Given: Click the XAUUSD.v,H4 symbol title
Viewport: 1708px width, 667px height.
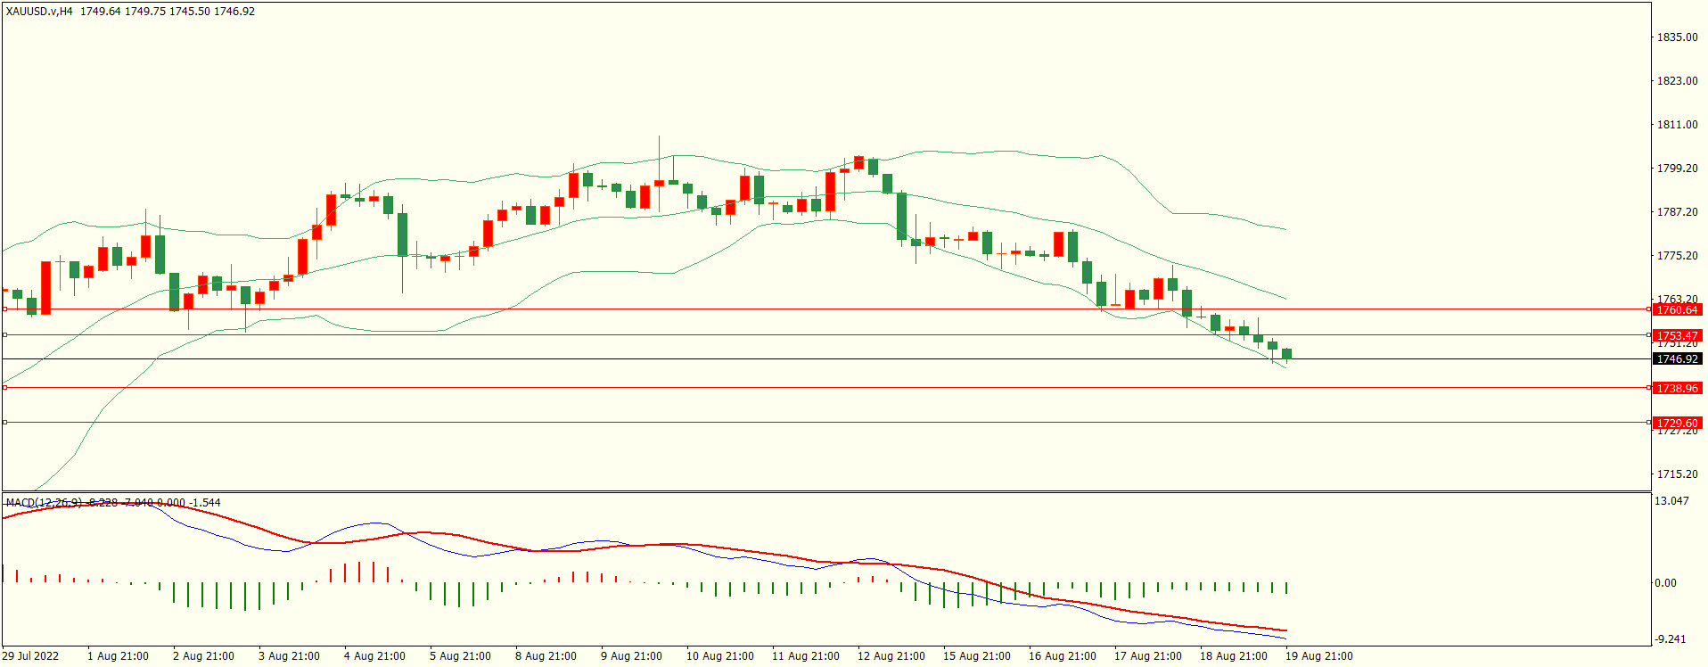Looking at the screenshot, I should [x=39, y=12].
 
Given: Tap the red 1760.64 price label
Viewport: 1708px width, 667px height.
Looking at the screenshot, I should [x=1677, y=309].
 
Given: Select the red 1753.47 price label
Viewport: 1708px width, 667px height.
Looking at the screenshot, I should [x=1677, y=335].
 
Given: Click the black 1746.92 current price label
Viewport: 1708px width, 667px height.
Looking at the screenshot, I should [x=1677, y=358].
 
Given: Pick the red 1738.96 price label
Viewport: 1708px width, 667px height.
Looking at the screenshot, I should [x=1677, y=388].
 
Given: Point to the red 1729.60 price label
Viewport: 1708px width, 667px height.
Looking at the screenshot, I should [x=1677, y=423].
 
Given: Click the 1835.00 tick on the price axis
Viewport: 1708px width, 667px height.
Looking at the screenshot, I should [x=1677, y=37].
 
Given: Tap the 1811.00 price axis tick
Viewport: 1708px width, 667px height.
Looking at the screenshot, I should [x=1677, y=125].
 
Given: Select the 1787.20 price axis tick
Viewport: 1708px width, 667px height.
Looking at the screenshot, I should [x=1677, y=212].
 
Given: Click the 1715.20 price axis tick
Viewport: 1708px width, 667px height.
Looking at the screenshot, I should [x=1677, y=474].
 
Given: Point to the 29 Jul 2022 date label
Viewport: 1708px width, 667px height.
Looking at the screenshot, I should [x=31, y=656].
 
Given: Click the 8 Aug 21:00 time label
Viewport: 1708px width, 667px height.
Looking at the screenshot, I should [x=546, y=656].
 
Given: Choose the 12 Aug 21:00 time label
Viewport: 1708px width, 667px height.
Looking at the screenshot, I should [x=891, y=656].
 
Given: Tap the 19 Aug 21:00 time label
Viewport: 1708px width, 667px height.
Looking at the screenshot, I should [x=1318, y=656].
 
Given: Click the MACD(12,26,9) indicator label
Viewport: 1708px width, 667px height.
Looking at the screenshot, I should [x=43, y=503].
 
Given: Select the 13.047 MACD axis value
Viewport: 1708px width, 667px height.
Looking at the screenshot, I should [x=1671, y=501].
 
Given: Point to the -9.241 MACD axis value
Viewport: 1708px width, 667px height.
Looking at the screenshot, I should [x=1671, y=639].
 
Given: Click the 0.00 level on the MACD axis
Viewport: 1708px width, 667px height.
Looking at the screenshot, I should [x=1665, y=583].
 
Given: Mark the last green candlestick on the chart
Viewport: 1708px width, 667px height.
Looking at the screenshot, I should [x=1286, y=354].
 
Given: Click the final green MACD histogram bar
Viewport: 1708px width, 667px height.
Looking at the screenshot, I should [x=1286, y=588].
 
